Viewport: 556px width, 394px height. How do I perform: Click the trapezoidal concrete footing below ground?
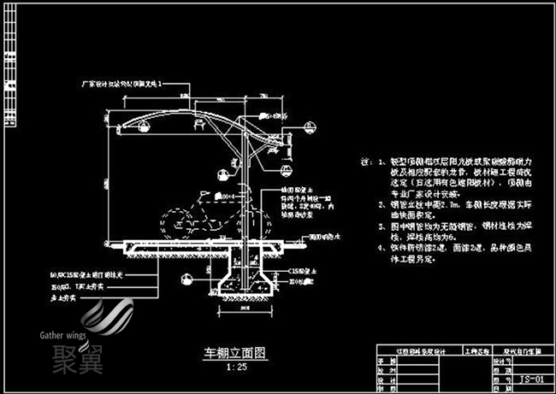[245, 283]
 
